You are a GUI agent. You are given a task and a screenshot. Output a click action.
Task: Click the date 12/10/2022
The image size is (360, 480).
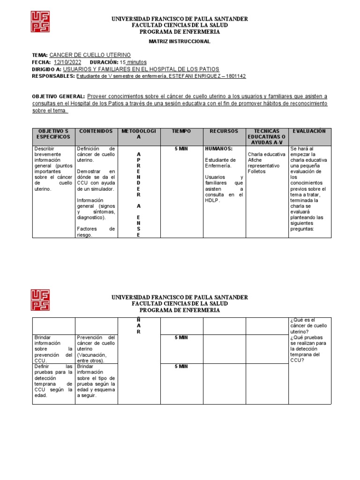click(x=67, y=62)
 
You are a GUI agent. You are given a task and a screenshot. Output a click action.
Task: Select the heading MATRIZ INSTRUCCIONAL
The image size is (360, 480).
click(x=180, y=42)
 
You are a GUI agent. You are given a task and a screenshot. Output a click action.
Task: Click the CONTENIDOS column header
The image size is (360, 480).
click(x=96, y=131)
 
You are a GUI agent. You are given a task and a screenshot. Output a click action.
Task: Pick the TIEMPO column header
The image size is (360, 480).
click(x=181, y=131)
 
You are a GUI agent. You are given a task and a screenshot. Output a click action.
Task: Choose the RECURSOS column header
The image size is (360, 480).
click(x=224, y=131)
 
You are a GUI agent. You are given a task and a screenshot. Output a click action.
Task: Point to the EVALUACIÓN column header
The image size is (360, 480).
click(x=310, y=131)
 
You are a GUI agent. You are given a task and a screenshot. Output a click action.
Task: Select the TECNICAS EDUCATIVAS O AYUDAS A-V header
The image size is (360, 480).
click(x=266, y=136)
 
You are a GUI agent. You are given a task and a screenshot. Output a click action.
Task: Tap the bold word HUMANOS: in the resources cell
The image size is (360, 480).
click(x=218, y=149)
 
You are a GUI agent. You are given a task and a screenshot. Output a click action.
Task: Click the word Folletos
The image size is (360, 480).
click(x=256, y=172)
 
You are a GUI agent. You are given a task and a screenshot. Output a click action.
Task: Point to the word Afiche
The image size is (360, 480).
click(x=255, y=160)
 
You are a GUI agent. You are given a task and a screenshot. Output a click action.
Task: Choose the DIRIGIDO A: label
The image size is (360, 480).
click(x=46, y=69)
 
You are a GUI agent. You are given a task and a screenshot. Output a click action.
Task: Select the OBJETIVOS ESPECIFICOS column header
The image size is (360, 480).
click(x=53, y=134)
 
